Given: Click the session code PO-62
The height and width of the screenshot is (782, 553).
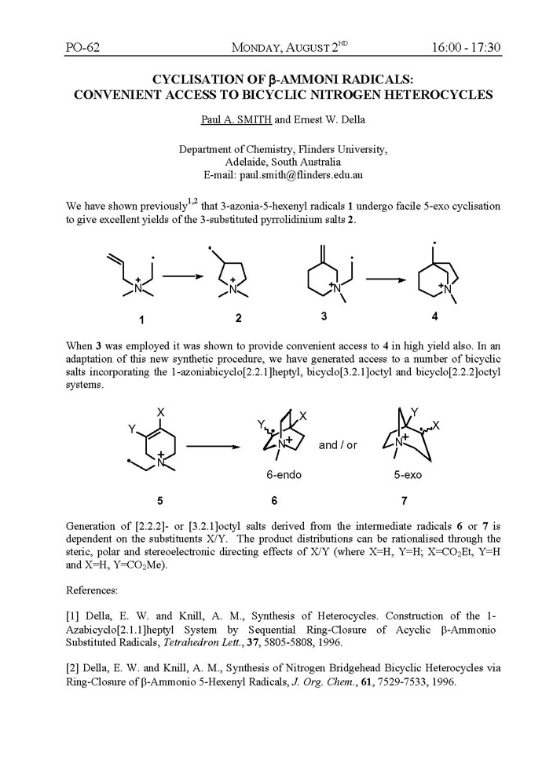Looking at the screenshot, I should pos(82,48).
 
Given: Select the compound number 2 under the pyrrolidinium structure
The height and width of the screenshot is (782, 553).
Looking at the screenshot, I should pos(238,319).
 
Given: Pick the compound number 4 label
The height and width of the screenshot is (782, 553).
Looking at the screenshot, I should pos(434,316).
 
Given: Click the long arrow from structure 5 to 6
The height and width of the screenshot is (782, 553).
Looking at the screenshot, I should pos(212,445).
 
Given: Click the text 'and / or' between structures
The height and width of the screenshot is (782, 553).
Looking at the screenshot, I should pos(338,444).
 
